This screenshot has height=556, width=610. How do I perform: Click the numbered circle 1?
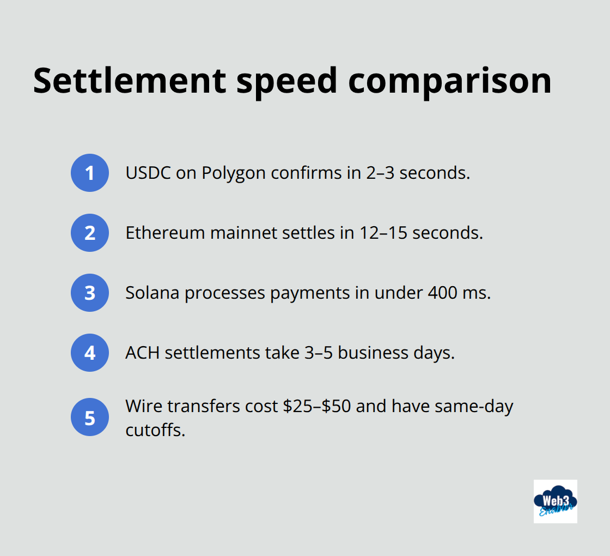[x=90, y=173]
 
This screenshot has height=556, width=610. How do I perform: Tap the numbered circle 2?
[x=90, y=233]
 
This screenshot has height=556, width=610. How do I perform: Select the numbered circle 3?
[x=90, y=293]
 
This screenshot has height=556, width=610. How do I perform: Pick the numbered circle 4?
[x=90, y=353]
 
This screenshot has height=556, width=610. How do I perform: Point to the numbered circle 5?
[x=90, y=418]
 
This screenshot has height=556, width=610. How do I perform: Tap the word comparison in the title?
[x=450, y=81]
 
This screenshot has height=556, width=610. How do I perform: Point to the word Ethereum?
[x=165, y=233]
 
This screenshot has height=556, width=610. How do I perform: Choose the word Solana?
[x=152, y=293]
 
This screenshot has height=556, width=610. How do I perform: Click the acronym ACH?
[x=143, y=353]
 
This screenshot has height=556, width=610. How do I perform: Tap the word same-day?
[x=474, y=407]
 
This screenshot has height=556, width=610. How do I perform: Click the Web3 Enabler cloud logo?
[x=555, y=501]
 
